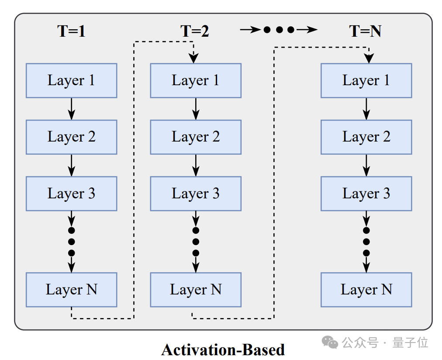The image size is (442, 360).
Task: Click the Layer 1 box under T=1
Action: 71,81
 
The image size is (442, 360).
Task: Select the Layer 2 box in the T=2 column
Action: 196,137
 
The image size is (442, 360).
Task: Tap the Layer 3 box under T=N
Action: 366,194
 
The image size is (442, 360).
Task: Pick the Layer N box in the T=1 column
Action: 71,290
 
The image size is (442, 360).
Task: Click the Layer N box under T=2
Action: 196,290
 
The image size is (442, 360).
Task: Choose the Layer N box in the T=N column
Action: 366,290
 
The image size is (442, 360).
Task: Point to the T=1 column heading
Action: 71,31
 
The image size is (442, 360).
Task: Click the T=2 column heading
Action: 195,31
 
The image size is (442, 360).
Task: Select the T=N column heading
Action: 365,31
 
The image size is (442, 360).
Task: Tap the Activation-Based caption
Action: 223,350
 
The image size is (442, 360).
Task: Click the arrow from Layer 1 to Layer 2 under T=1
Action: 71,109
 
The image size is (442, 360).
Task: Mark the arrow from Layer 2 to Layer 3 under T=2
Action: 196,166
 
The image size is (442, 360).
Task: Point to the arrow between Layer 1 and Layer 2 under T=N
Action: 366,109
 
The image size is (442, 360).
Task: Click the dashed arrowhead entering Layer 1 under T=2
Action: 193,58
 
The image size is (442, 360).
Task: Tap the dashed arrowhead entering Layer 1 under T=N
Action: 369,58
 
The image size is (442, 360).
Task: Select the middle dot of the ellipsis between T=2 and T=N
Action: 279,30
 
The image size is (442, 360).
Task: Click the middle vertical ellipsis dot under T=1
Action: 71,242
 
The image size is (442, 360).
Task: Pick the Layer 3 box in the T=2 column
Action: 196,194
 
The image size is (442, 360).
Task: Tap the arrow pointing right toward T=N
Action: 307,29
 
